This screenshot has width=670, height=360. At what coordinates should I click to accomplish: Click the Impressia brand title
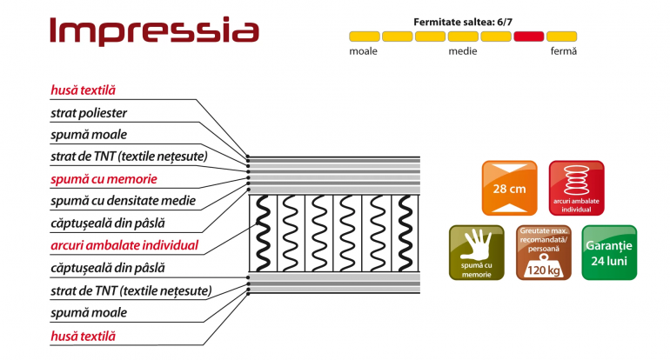(x=154, y=30)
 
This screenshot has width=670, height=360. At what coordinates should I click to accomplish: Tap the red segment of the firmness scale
(x=528, y=37)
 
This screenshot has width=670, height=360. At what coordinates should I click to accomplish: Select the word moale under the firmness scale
(x=363, y=51)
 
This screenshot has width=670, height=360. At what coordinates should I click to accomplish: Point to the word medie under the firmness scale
(x=462, y=51)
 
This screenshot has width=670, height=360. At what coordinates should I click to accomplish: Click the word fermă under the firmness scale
(x=563, y=51)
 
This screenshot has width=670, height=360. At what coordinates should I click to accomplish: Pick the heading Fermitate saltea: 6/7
(x=463, y=22)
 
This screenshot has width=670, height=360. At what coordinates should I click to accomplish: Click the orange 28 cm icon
(x=509, y=188)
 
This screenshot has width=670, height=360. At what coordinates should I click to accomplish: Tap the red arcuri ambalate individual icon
(x=576, y=188)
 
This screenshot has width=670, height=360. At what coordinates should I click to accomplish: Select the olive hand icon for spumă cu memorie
(x=477, y=253)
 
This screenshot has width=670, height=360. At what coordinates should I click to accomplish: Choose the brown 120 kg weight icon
(x=544, y=253)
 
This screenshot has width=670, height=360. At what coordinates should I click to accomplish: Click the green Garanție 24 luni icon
(x=609, y=253)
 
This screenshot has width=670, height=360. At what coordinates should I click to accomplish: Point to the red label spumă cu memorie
(x=104, y=179)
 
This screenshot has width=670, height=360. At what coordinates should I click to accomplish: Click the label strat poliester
(x=89, y=113)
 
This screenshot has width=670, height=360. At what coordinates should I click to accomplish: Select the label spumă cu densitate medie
(x=123, y=201)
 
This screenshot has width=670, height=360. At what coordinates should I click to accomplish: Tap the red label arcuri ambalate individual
(x=124, y=245)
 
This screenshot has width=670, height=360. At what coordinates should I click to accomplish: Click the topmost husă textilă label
(x=83, y=90)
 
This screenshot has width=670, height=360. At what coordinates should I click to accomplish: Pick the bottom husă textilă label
(x=83, y=336)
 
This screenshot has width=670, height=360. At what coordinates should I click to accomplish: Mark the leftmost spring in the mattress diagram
(x=263, y=233)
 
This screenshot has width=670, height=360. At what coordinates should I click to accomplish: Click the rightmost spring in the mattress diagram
(x=405, y=233)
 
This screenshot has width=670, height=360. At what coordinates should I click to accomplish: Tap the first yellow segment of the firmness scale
(x=365, y=37)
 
